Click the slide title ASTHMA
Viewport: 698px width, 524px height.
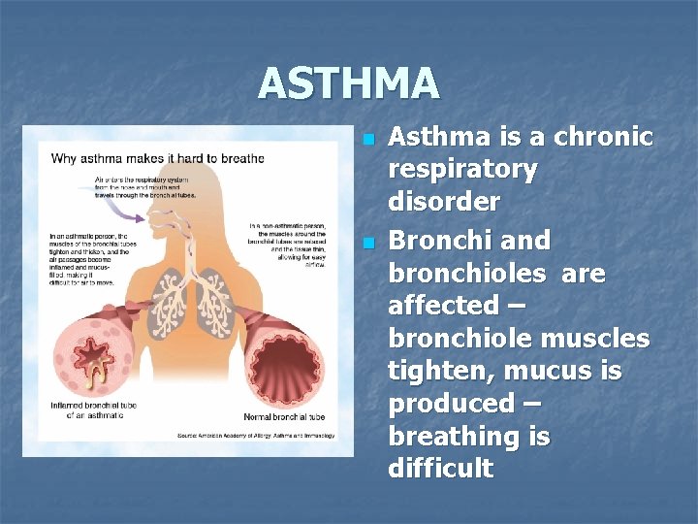349,83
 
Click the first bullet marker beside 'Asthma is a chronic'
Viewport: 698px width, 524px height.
367,140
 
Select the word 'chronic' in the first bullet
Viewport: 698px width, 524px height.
603,137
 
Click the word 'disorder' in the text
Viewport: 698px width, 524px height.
444,202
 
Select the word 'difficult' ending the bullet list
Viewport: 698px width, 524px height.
440,470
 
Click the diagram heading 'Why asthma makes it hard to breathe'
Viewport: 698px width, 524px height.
157,157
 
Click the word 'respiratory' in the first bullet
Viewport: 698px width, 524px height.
462,170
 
